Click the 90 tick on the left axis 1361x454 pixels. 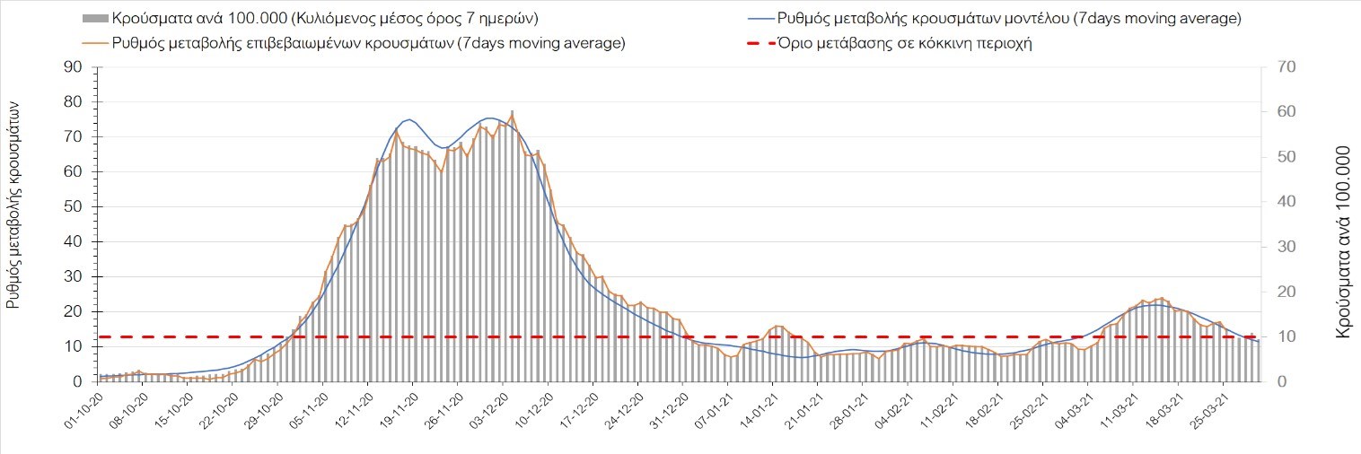(73, 67)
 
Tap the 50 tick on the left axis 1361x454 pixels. (73, 207)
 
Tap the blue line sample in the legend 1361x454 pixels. (759, 19)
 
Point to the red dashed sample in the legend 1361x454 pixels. (759, 43)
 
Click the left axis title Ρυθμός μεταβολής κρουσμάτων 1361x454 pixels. (13, 205)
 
